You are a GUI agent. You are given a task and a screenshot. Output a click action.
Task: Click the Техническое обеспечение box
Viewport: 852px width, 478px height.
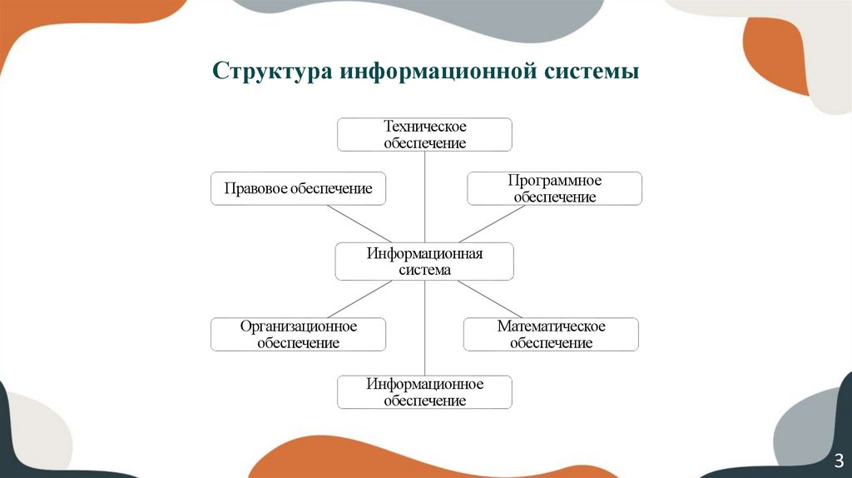tap(424, 135)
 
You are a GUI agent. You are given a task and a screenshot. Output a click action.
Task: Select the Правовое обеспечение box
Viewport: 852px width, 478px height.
tap(298, 189)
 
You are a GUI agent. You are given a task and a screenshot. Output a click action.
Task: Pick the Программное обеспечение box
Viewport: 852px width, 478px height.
tap(554, 189)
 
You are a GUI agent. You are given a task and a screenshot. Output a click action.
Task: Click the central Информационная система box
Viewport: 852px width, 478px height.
tap(424, 261)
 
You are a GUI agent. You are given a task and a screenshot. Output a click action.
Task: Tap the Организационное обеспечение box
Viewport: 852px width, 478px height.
tap(298, 334)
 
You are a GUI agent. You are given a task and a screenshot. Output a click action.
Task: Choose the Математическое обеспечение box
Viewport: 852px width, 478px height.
tap(551, 334)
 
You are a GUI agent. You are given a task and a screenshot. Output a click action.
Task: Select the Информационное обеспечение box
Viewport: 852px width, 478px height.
tap(424, 392)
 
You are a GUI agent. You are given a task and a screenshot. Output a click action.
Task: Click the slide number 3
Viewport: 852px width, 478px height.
tap(839, 461)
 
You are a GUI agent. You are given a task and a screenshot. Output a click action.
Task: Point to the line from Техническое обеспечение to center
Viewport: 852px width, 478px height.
tap(425, 197)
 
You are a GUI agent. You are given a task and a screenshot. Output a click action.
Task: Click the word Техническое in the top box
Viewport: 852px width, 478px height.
tap(424, 127)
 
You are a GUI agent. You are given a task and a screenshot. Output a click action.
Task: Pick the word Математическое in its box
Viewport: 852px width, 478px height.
tap(551, 326)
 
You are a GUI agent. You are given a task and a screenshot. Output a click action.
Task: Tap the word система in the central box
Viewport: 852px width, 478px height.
tap(424, 270)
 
